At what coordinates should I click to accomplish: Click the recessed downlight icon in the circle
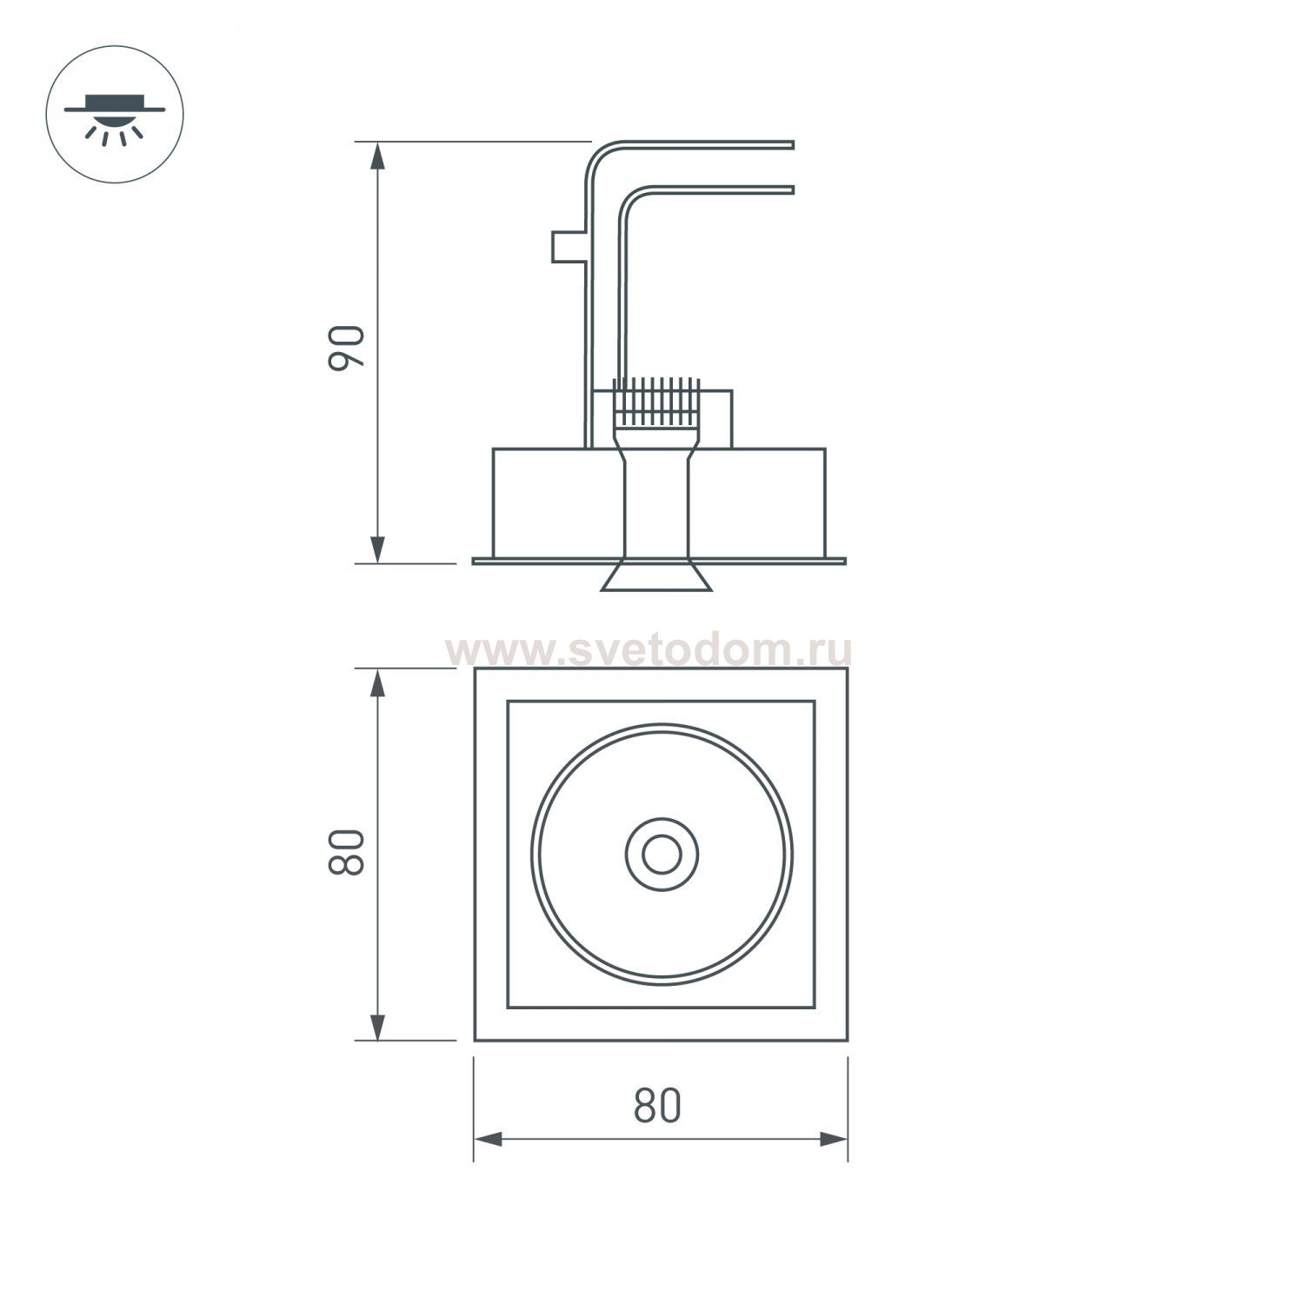pos(114,114)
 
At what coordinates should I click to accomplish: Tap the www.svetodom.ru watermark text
pos(648,650)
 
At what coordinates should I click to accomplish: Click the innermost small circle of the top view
pos(661,855)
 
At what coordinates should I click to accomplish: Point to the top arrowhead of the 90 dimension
pos(377,156)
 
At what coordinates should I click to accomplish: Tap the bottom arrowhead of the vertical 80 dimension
pos(377,1026)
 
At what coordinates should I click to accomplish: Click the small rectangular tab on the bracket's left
pos(567,246)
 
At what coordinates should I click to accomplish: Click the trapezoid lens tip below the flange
pos(657,577)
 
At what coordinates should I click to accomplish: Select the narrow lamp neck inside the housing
pos(657,504)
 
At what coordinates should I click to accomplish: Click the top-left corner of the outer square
pos(476,669)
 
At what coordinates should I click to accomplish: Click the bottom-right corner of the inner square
pos(814,1007)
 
